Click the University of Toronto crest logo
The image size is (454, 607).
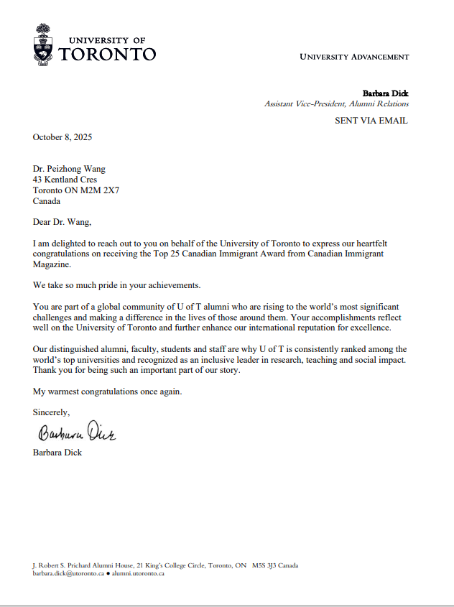[x=43, y=44]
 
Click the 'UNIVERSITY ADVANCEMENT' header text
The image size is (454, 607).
[x=354, y=57]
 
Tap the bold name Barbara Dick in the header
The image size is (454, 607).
[x=385, y=93]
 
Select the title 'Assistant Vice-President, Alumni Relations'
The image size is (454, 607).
[x=336, y=104]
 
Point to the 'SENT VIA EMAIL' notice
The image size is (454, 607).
[x=371, y=121]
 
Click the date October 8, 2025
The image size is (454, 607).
[x=62, y=137]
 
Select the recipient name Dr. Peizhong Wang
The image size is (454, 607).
[x=69, y=169]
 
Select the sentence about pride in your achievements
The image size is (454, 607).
[x=111, y=286]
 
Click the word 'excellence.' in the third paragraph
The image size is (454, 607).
[x=369, y=328]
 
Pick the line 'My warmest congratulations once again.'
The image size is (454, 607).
[x=108, y=391]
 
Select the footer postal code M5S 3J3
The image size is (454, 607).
[x=264, y=565]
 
